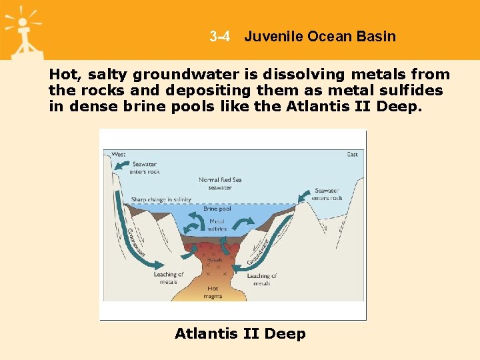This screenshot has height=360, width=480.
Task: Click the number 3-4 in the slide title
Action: coord(219,37)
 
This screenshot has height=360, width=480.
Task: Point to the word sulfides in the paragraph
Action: coord(411,90)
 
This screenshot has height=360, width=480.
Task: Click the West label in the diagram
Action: coord(118,155)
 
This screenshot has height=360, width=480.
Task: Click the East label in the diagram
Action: coord(352,155)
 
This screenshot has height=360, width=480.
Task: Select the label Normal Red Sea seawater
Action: coord(219,183)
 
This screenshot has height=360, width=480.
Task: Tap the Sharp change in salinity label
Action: coord(161,199)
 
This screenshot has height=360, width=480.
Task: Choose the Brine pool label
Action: coord(217,209)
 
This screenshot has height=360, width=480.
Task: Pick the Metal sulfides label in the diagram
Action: coord(217,225)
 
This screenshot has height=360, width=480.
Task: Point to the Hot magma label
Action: coord(213,292)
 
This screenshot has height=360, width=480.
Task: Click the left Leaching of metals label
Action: coord(168,278)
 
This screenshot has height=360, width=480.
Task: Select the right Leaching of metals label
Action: coord(262,279)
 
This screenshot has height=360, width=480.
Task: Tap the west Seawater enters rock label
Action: coord(145,168)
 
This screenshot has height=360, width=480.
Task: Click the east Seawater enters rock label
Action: coord(327,194)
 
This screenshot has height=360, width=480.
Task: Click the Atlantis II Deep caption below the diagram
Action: coord(240,333)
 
